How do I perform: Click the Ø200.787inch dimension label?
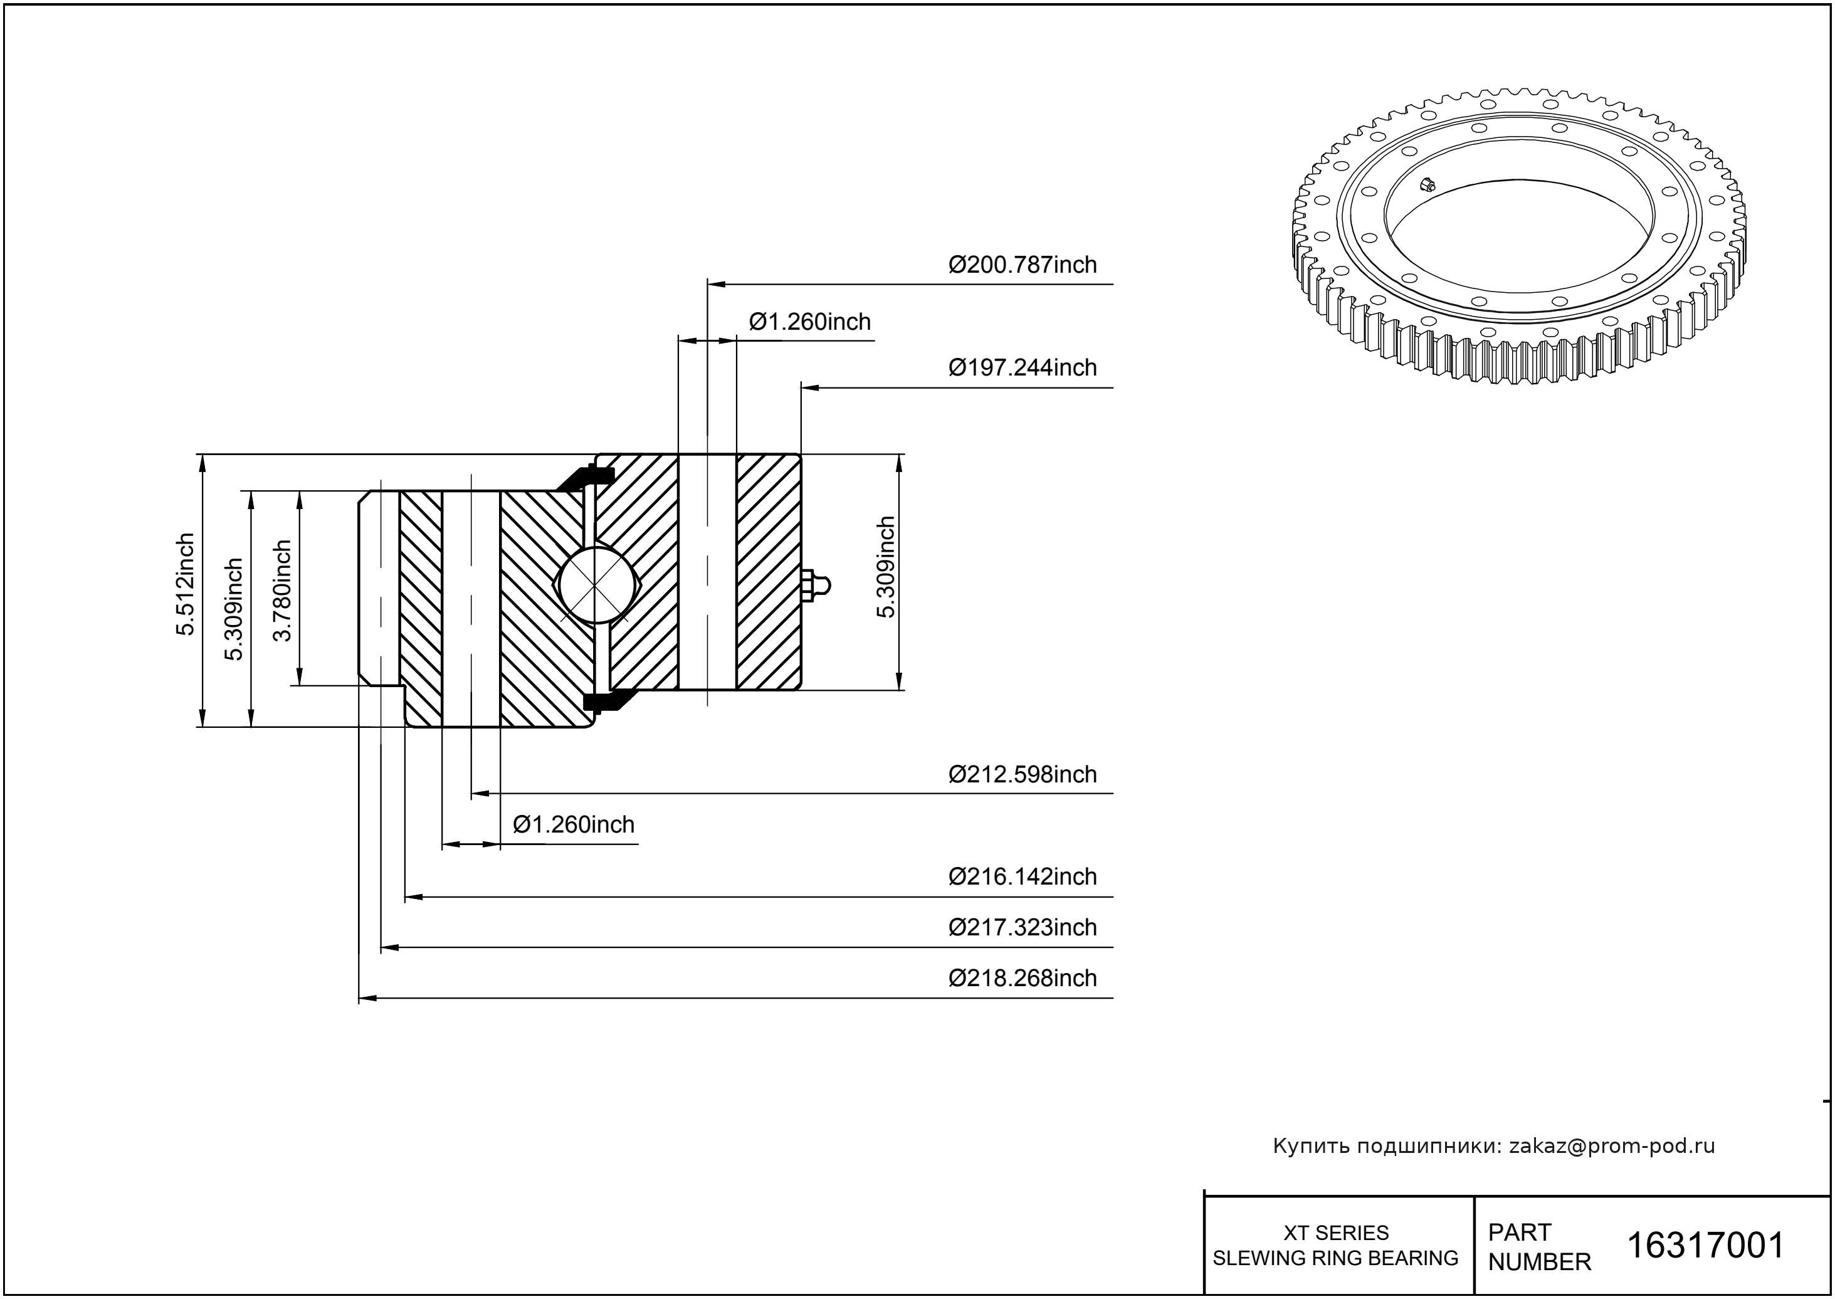[x=1023, y=265]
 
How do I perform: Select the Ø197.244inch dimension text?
[x=1023, y=368]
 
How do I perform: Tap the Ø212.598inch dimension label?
[x=1023, y=774]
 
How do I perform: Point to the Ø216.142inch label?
[x=1023, y=876]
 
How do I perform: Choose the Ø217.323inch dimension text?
[x=1023, y=928]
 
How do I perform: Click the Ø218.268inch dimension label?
[x=1023, y=978]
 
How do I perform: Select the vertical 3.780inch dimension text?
[x=282, y=591]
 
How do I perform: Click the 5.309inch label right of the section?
[x=885, y=567]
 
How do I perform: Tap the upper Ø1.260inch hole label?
[x=809, y=322]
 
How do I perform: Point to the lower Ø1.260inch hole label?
[x=574, y=824]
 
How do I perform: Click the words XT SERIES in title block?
[x=1336, y=1233]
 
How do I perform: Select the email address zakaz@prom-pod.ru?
[x=1611, y=1146]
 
